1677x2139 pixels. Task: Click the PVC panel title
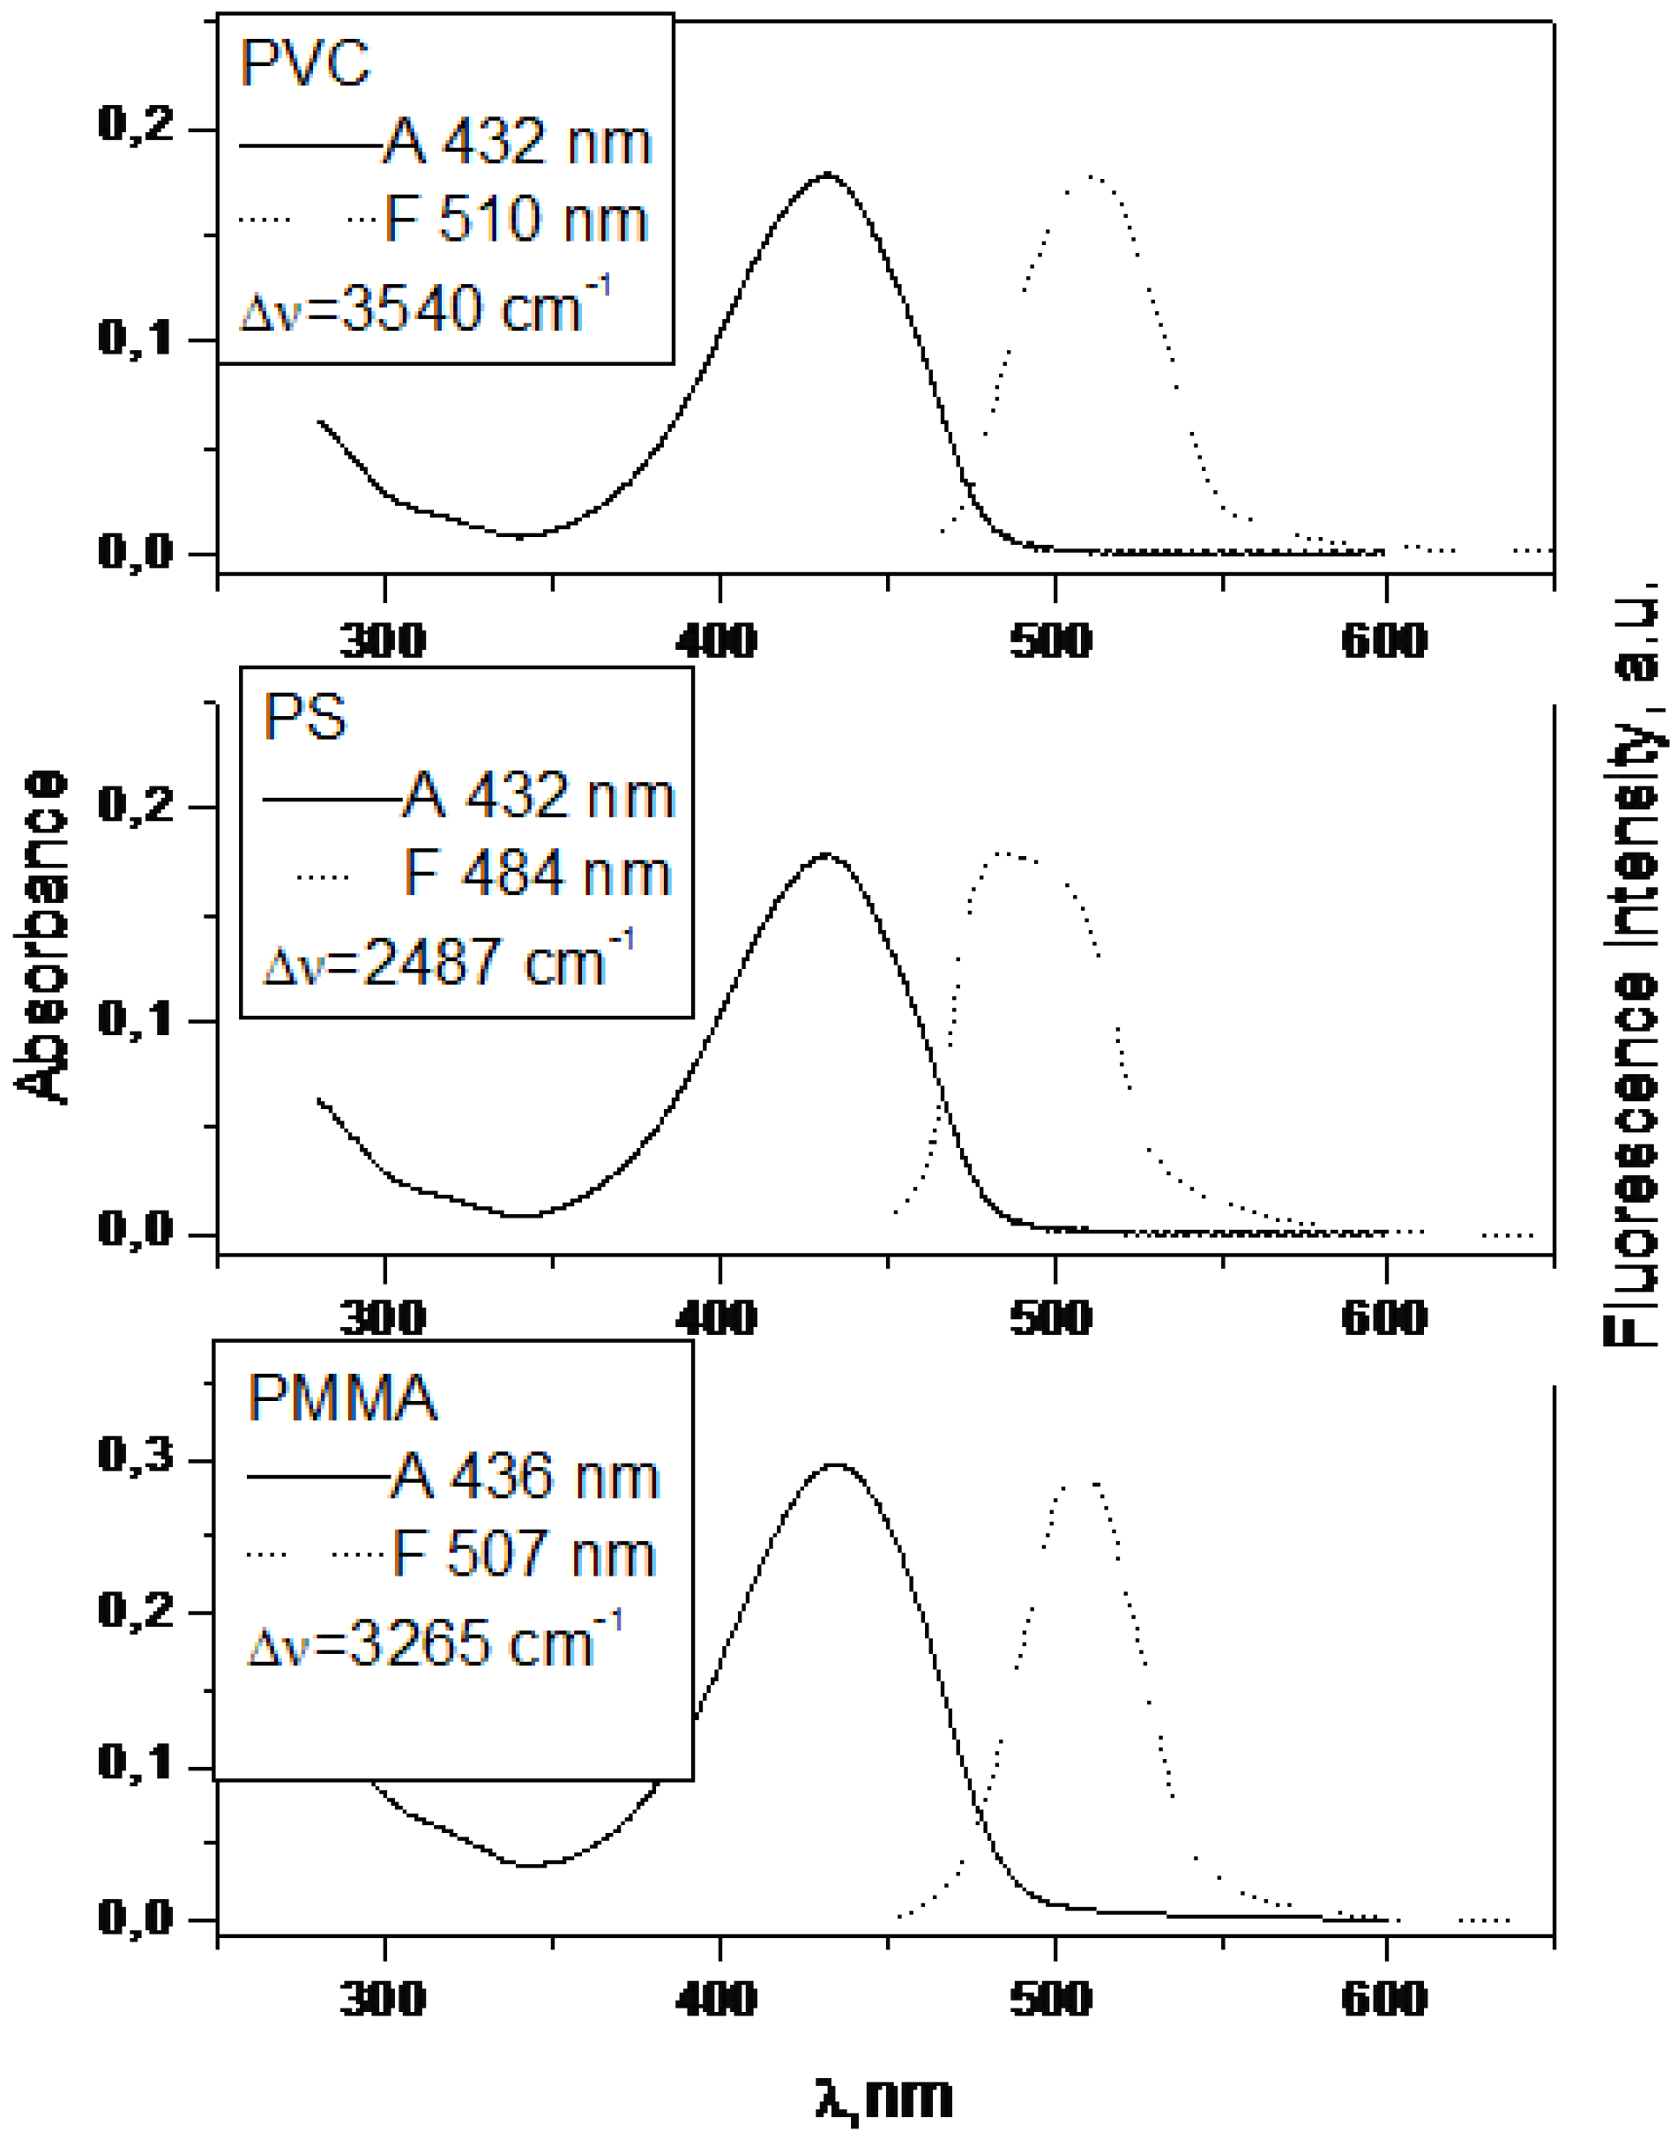click(304, 63)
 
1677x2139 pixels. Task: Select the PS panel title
click(304, 718)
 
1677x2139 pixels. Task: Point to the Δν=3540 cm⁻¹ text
click(424, 307)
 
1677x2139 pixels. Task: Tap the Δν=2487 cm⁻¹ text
click(448, 961)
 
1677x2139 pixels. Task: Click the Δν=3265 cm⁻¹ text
click(434, 1643)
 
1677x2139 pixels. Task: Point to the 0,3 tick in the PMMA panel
click(136, 1456)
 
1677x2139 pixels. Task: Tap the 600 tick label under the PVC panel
click(1383, 641)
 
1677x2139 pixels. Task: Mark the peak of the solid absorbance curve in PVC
click(828, 174)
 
